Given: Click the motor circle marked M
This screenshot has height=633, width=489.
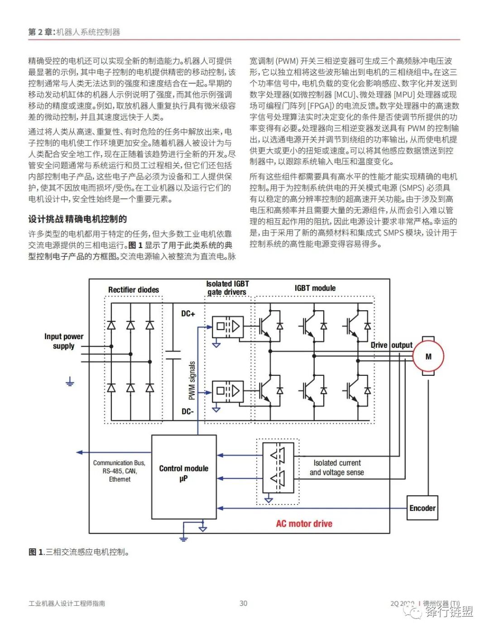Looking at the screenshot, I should (x=428, y=356).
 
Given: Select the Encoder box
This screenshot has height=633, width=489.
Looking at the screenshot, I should (x=422, y=508).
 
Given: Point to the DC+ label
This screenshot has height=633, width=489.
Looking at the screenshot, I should (x=188, y=313).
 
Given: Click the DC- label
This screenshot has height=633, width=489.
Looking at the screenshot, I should (x=187, y=411).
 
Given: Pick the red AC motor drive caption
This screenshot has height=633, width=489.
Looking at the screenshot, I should (x=304, y=523).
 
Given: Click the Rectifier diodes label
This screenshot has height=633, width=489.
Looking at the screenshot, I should (x=133, y=290).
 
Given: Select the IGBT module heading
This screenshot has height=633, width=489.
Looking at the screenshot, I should (x=315, y=288).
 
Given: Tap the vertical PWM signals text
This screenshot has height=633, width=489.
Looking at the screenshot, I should (x=192, y=380).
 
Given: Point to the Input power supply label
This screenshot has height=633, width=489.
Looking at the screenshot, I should (x=64, y=341).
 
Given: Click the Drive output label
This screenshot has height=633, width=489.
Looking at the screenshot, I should (x=391, y=345).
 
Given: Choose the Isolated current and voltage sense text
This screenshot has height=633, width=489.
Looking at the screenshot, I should (x=337, y=467).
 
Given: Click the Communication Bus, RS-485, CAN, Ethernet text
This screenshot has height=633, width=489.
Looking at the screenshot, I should (x=119, y=471).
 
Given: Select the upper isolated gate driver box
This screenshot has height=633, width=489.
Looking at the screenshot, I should (x=228, y=326).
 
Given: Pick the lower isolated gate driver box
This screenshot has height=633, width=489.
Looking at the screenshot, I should (x=228, y=391).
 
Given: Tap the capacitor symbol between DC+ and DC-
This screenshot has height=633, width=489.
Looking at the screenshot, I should (x=173, y=355).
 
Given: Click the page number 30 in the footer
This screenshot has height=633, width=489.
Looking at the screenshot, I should (x=244, y=603).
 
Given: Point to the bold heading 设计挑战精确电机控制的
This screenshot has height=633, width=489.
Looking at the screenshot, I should (x=77, y=219).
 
